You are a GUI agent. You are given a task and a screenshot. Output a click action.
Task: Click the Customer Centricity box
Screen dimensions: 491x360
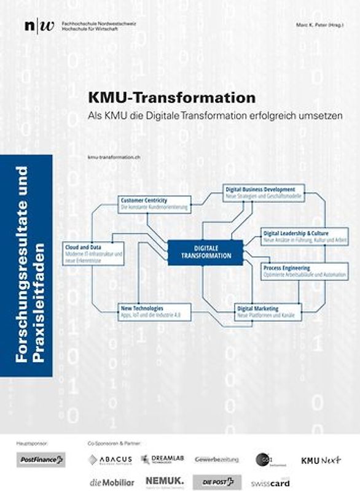[x=155, y=204]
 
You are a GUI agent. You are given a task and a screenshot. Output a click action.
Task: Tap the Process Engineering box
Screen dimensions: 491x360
[x=304, y=271]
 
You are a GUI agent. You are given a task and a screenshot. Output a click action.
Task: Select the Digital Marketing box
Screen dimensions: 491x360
[x=267, y=311]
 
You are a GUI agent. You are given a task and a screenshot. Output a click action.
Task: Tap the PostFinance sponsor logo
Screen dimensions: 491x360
[x=42, y=459]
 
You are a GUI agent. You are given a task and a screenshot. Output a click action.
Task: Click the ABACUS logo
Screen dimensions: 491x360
[x=110, y=460]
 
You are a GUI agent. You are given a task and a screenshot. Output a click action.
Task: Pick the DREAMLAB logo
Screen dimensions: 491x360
[x=162, y=459]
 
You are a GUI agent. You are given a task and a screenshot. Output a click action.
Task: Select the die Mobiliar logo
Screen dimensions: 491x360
[x=111, y=482]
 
